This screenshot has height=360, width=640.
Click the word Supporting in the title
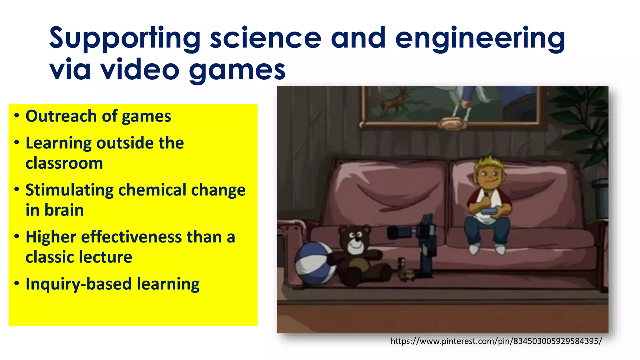pos(124,39)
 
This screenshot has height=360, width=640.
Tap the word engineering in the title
pos(480,39)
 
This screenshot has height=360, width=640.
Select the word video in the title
pos(140,69)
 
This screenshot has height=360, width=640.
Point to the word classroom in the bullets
pos(64,163)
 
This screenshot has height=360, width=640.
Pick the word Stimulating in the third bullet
pos(69,190)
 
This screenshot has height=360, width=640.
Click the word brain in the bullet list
pos(64,210)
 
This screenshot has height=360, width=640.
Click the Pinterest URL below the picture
pos(496,341)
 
